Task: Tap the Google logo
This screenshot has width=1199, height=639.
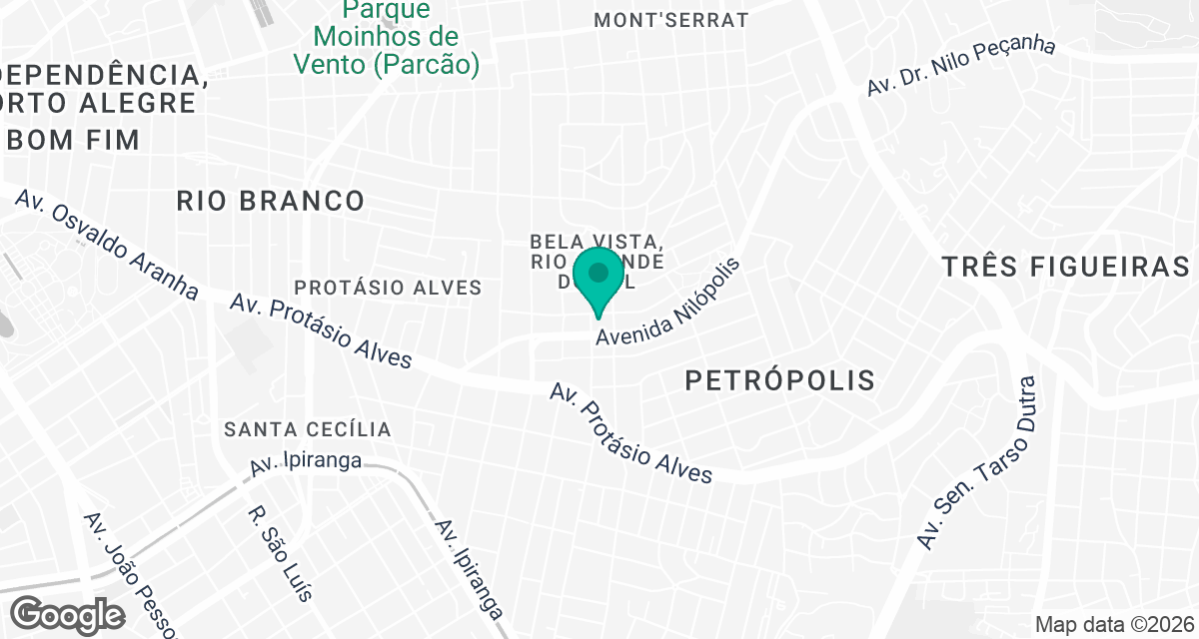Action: click(x=69, y=614)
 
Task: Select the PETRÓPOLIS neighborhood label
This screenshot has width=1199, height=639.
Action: click(x=780, y=379)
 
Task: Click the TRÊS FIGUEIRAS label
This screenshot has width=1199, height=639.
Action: click(x=1066, y=267)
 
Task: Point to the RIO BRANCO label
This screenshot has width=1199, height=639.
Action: click(x=271, y=201)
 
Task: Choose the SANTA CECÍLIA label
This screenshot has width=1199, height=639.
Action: click(x=308, y=429)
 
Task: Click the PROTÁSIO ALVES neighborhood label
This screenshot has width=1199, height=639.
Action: click(x=389, y=288)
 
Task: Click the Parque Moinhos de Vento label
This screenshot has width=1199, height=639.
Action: click(x=386, y=38)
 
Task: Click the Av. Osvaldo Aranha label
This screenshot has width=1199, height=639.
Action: click(x=107, y=244)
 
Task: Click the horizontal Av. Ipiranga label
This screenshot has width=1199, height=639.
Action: click(x=305, y=464)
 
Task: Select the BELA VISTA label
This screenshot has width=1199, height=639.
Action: click(x=597, y=243)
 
